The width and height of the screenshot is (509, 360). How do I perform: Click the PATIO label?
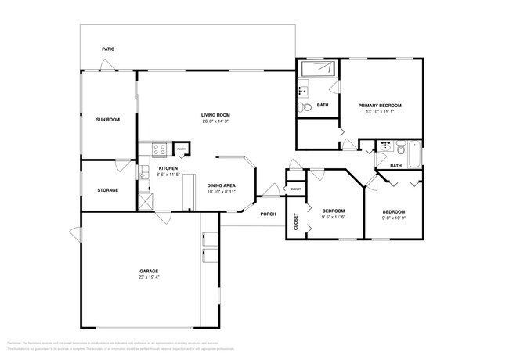point(108,49)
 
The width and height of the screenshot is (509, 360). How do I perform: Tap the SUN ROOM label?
point(107,119)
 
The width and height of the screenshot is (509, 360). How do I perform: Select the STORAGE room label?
point(107,189)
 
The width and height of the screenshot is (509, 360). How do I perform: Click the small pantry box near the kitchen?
point(180,148)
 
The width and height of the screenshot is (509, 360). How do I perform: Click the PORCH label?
point(268,214)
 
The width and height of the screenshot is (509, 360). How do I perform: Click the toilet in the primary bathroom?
point(309,106)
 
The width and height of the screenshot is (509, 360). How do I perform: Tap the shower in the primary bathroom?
point(317,69)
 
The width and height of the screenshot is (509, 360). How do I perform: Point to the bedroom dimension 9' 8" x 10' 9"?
point(394,218)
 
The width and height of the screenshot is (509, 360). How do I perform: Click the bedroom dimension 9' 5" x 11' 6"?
point(333,218)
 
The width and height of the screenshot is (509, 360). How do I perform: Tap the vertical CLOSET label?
point(296,222)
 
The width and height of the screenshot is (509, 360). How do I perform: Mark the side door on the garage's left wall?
point(76,232)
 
